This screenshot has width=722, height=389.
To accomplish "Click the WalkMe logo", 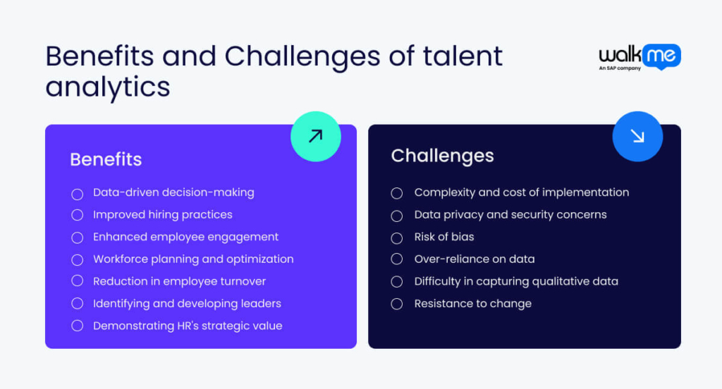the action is pos(640,57).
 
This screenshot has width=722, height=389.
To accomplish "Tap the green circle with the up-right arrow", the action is pos(316,136).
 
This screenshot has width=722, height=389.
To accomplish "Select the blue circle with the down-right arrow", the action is pos(637,136).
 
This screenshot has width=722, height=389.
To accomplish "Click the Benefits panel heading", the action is pos(106,159).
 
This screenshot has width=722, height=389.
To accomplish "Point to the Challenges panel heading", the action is pos(443,156).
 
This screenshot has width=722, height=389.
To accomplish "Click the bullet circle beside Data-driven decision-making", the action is pos(78,194).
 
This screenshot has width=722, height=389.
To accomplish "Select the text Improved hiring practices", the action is pos(163,215).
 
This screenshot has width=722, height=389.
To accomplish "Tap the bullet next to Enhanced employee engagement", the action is pos(78,237).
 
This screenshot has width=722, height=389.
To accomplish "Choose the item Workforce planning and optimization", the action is pos(193,259).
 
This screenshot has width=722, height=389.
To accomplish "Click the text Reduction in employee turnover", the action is pos(180,281).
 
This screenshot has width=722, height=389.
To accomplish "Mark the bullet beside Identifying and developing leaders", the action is pos(78,303).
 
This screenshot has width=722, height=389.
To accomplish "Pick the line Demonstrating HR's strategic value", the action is pos(188,326).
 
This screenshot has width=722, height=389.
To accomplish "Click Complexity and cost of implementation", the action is pos(522,192).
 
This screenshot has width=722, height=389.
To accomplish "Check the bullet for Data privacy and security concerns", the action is pos(397,216).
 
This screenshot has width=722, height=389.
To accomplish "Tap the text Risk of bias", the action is pos(444,237).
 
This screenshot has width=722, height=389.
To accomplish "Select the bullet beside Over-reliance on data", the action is pos(397,259).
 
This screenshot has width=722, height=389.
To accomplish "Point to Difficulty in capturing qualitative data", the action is pos(516,281).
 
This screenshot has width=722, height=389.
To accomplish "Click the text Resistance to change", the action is pos(473,304).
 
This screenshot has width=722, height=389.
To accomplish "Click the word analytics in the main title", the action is pos(108,87).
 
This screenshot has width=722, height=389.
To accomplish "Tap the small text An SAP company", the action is pos(620,68).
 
